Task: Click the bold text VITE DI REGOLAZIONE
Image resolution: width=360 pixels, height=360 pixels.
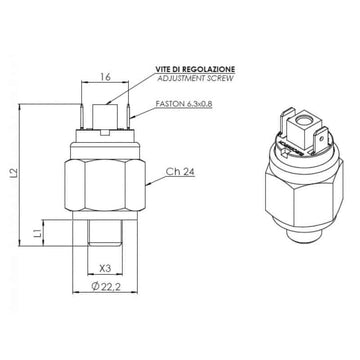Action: click(195, 69)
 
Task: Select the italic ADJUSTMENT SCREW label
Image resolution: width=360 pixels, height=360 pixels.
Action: click(195, 78)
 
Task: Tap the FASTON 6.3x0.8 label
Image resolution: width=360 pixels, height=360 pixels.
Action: click(184, 104)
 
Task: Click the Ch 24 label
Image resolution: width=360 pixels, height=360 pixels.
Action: click(180, 172)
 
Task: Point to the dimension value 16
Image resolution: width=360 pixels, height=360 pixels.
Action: click(105, 77)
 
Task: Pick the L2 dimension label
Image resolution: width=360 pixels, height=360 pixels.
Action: click(14, 174)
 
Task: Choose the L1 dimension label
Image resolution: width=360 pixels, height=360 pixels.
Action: click(38, 233)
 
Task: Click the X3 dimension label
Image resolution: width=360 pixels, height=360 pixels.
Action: click(105, 268)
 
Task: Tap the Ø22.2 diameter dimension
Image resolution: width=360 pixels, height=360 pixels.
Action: click(106, 286)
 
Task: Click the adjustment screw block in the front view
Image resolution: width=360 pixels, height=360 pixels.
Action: click(105, 117)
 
